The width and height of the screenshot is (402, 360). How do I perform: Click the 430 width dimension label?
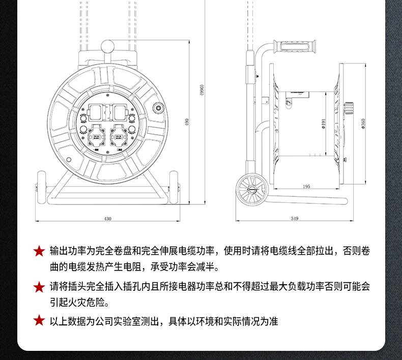point(107,219)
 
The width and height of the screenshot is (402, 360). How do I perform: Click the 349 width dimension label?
point(294,218)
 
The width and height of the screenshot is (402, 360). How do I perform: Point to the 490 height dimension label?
point(188,123)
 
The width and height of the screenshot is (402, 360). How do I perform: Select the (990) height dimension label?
point(202,89)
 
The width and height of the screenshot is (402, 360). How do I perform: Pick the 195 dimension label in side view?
point(306,187)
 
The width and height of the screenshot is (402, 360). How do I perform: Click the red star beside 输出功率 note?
point(39,251)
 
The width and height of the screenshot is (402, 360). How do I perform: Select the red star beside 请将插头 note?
point(39,287)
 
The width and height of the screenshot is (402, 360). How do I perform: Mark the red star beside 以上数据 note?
point(39,321)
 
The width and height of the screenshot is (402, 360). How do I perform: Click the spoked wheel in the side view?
point(251,189)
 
